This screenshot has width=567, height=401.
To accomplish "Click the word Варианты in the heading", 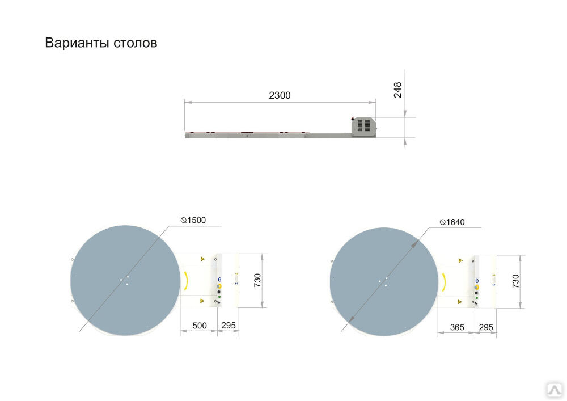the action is coord(77,43).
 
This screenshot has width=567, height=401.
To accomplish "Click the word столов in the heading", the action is coord(136,43).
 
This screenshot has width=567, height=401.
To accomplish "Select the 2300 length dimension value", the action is coord(280,95).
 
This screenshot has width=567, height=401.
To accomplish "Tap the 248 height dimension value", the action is coord(397,90).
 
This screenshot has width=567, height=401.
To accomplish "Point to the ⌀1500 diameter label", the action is coord(193,220).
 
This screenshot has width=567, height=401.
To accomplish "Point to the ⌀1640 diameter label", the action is coord(452,222).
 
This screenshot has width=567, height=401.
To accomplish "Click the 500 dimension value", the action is coord(199,326).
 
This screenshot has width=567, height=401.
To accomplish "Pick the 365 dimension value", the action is coord(456,328).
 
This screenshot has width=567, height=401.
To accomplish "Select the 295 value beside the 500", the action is coord(228,326).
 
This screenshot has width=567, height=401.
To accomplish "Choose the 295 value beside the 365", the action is coord(486,328).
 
